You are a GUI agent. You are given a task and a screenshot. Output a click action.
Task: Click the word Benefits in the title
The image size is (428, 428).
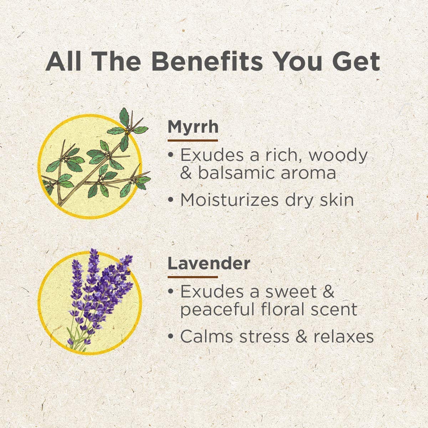coord(207,61)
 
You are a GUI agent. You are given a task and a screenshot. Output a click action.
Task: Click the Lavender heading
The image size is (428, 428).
coord(209,264)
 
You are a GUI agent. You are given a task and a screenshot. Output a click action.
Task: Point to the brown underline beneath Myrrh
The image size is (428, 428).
coord(193,141)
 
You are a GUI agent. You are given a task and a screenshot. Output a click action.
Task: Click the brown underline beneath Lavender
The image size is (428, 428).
coord(193,277)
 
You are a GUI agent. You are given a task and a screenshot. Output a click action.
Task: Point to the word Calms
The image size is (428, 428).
coord(206,336)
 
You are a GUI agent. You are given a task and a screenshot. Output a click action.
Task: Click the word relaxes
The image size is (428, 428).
coord(343,336)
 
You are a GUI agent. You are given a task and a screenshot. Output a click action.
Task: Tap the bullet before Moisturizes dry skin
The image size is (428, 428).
coord(170,200)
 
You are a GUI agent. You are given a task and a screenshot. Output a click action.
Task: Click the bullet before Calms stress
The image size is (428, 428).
coord(170,336)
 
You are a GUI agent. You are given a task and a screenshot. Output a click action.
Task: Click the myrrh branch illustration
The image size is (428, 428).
coord(96,158)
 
